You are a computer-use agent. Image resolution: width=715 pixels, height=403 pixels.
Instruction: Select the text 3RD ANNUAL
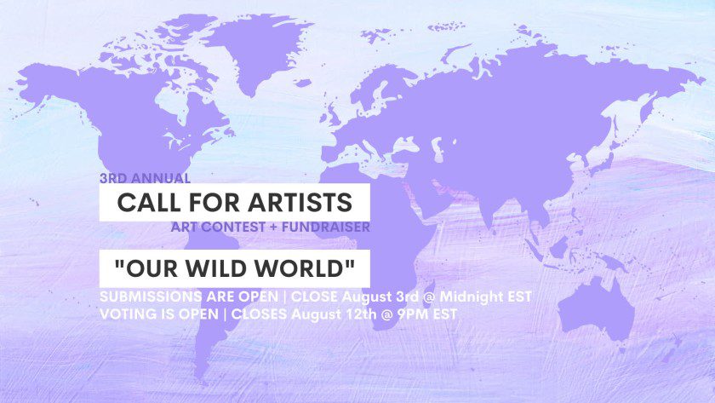tap(145, 179)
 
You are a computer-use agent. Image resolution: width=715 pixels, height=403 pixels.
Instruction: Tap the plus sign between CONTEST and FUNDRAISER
tap(264, 227)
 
